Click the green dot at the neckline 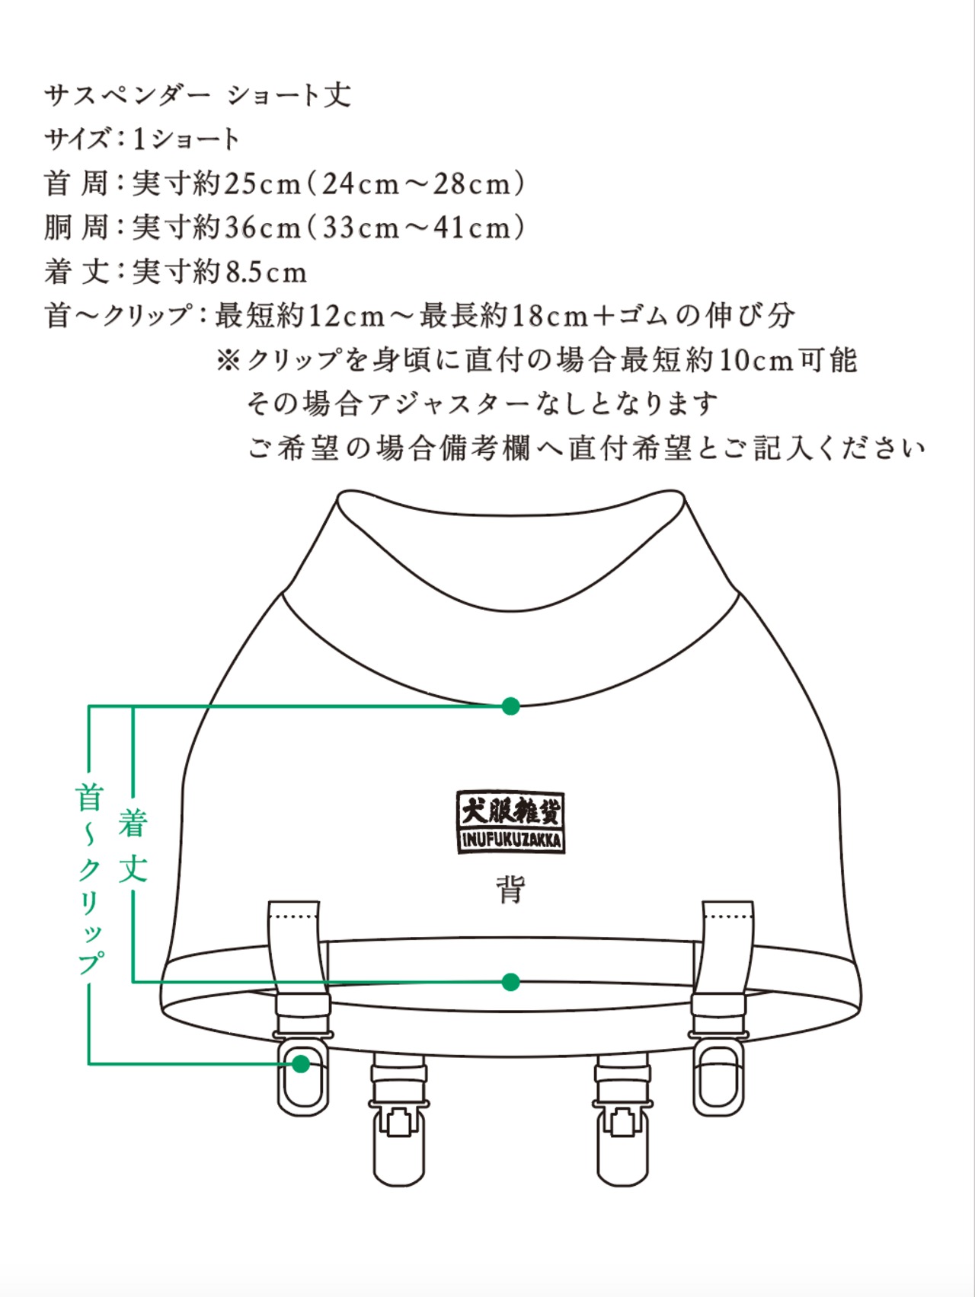tap(510, 706)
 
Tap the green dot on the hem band tap(510, 982)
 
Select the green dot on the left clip tap(301, 1063)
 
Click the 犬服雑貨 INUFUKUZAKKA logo tap(510, 821)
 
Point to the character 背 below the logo tap(510, 888)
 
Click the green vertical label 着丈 tap(133, 846)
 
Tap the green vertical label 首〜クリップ tap(89, 880)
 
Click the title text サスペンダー tap(127, 95)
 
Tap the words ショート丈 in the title tap(289, 95)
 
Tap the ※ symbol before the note tap(229, 359)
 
